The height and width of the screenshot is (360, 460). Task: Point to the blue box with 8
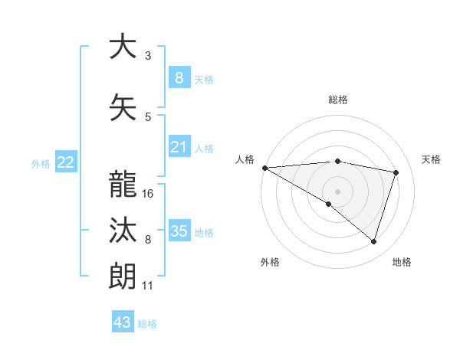tap(179, 78)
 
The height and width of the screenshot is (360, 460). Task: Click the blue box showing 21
tap(179, 147)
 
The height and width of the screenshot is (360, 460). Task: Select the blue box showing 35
tap(179, 231)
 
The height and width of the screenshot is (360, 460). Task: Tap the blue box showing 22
tap(66, 162)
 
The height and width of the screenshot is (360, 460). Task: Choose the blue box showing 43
tap(123, 322)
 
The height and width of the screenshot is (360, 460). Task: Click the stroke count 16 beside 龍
tap(149, 194)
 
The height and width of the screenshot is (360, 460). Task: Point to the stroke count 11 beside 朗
tap(147, 286)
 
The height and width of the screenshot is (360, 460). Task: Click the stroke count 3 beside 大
tap(148, 56)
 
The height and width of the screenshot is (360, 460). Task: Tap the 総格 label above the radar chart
tap(338, 100)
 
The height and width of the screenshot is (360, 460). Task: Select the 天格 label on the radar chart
tap(432, 159)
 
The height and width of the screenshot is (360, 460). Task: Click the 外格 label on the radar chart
tap(270, 262)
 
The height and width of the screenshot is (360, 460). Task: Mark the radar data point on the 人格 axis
tap(264, 167)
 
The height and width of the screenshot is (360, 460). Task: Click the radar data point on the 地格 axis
tap(373, 241)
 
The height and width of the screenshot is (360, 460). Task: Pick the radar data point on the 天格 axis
tap(396, 172)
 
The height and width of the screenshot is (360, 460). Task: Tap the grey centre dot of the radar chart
tap(337, 190)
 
